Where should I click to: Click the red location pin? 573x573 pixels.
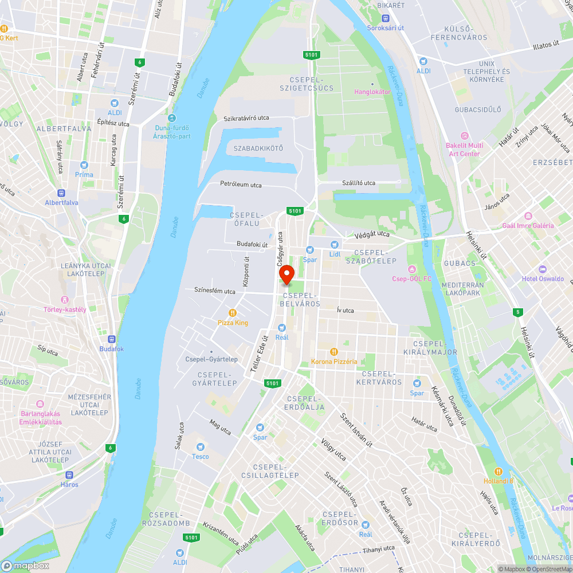(286, 274)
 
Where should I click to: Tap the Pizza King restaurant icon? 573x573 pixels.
(233, 313)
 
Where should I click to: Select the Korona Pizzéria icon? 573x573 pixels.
(334, 352)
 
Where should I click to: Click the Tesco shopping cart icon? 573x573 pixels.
(201, 446)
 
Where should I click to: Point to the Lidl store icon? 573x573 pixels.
(335, 244)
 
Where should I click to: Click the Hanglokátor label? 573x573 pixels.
(372, 92)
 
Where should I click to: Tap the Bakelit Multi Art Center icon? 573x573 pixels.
(464, 136)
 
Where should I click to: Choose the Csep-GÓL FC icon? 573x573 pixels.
(411, 269)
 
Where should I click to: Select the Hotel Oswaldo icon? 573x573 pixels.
(542, 269)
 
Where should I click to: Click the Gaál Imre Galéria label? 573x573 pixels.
(528, 225)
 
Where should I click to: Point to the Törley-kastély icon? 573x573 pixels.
(65, 300)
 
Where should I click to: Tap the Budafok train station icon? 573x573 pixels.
(112, 339)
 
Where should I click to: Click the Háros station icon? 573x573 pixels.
(70, 474)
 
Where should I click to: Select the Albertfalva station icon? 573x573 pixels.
(61, 193)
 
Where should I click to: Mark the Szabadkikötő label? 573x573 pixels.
(258, 148)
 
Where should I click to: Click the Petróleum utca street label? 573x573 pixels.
(241, 185)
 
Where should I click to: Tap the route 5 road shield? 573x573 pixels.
(517, 312)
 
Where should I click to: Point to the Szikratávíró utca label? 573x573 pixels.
(246, 118)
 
